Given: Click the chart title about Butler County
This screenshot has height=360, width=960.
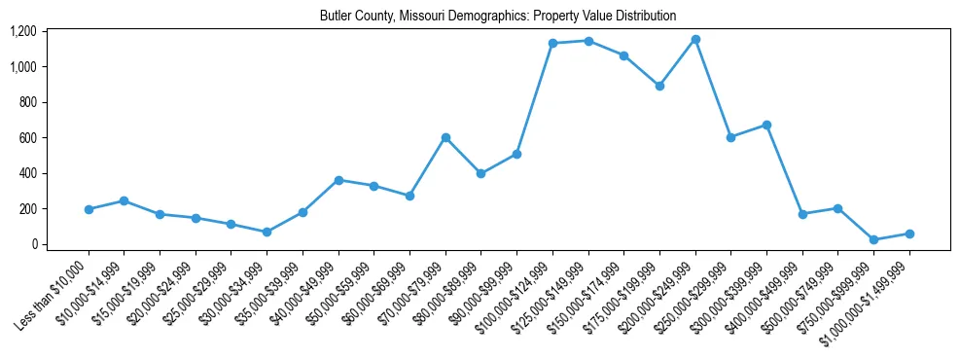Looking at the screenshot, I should click(497, 17).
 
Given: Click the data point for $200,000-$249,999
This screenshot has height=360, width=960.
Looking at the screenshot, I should click(695, 39).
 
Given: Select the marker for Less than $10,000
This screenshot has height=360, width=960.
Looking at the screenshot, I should click(89, 209).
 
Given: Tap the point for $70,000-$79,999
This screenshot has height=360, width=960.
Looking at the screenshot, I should click(445, 137).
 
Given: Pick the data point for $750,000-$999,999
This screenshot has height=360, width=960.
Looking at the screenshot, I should click(873, 239).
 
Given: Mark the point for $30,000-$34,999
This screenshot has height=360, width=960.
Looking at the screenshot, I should click(267, 232).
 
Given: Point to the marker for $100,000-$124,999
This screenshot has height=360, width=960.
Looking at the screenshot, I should click(552, 43).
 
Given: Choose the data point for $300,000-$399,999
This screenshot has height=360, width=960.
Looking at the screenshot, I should click(766, 125).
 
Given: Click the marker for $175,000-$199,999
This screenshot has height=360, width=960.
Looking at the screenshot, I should click(659, 86).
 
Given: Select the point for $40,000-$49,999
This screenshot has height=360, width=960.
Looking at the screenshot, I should click(338, 180).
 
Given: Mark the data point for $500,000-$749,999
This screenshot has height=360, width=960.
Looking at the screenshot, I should click(837, 208).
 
